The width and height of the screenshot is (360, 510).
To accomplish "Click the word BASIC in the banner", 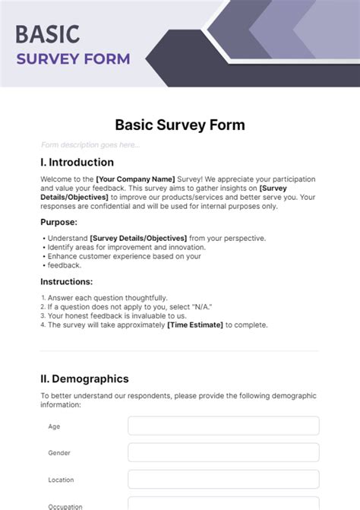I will [47, 34].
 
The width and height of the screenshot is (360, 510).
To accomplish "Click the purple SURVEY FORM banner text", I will [74, 59].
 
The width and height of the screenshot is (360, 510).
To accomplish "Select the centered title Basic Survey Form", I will [180, 125].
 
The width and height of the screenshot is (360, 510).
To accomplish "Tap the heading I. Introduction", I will [77, 162].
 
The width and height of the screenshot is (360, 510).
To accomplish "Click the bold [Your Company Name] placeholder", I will [135, 179].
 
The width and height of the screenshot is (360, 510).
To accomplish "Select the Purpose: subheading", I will [58, 222].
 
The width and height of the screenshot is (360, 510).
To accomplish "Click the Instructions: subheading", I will [66, 281].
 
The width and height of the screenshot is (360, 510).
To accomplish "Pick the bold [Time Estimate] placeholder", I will [195, 325].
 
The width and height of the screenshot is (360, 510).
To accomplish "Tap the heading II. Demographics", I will [84, 379].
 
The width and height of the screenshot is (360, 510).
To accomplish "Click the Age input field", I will [223, 426].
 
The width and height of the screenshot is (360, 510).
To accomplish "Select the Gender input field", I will [223, 452].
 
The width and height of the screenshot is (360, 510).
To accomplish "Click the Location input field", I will [223, 479].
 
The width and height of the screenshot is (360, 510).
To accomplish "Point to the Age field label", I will [54, 426].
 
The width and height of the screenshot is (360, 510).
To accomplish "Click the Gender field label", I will [59, 453].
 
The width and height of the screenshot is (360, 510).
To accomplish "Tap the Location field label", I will [61, 480].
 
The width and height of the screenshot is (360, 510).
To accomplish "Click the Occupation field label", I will [65, 505].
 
